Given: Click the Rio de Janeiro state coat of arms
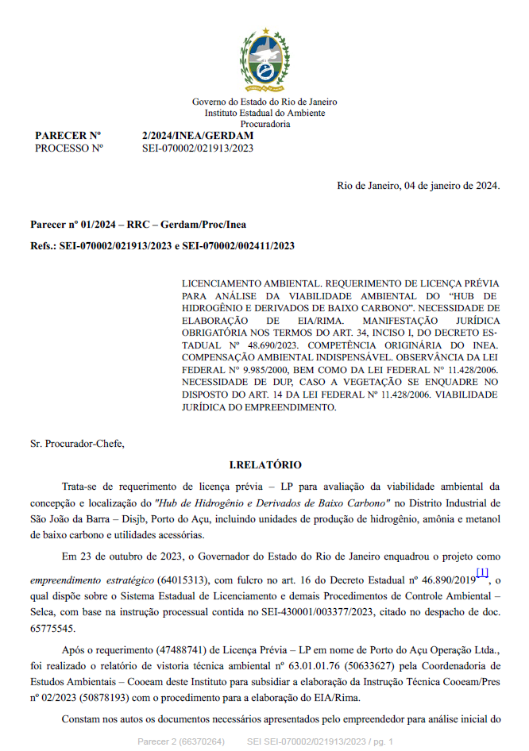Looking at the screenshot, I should pos(264,60).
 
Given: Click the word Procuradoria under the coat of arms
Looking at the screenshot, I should pos(264,124).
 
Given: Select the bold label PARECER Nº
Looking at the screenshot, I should pos(68,136).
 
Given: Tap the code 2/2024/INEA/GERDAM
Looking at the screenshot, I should pos(197,136).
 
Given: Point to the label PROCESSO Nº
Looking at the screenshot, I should pos(69,148).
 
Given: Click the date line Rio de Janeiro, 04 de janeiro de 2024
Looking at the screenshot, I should pos(418,186).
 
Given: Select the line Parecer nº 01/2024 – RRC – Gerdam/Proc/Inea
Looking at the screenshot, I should pos(137,225).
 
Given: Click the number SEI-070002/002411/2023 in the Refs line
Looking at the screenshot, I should pos(237,246).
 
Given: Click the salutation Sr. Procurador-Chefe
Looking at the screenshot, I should pos(77,443).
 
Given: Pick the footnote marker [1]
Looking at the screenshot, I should pos(482,572).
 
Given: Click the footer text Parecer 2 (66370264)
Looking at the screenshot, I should pos(181,741).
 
